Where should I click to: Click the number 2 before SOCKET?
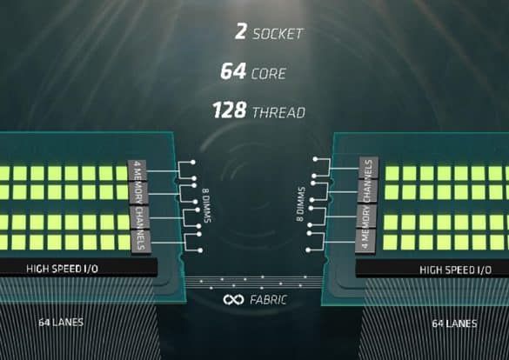click(x=240, y=32)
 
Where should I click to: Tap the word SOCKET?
click(x=278, y=34)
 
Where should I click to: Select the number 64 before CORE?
click(x=233, y=71)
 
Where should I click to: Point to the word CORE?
click(x=269, y=74)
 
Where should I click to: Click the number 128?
click(x=229, y=110)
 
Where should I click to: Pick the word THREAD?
click(x=278, y=112)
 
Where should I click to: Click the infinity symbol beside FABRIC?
click(x=233, y=300)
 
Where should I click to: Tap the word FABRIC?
click(x=269, y=300)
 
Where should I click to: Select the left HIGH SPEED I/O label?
click(x=62, y=269)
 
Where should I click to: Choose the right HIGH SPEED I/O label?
click(x=455, y=270)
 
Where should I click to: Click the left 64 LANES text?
click(x=61, y=323)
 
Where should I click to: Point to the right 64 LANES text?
click(x=454, y=323)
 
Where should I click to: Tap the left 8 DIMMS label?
click(x=207, y=205)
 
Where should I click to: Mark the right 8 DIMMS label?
click(x=300, y=204)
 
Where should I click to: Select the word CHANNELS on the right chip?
click(x=368, y=179)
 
